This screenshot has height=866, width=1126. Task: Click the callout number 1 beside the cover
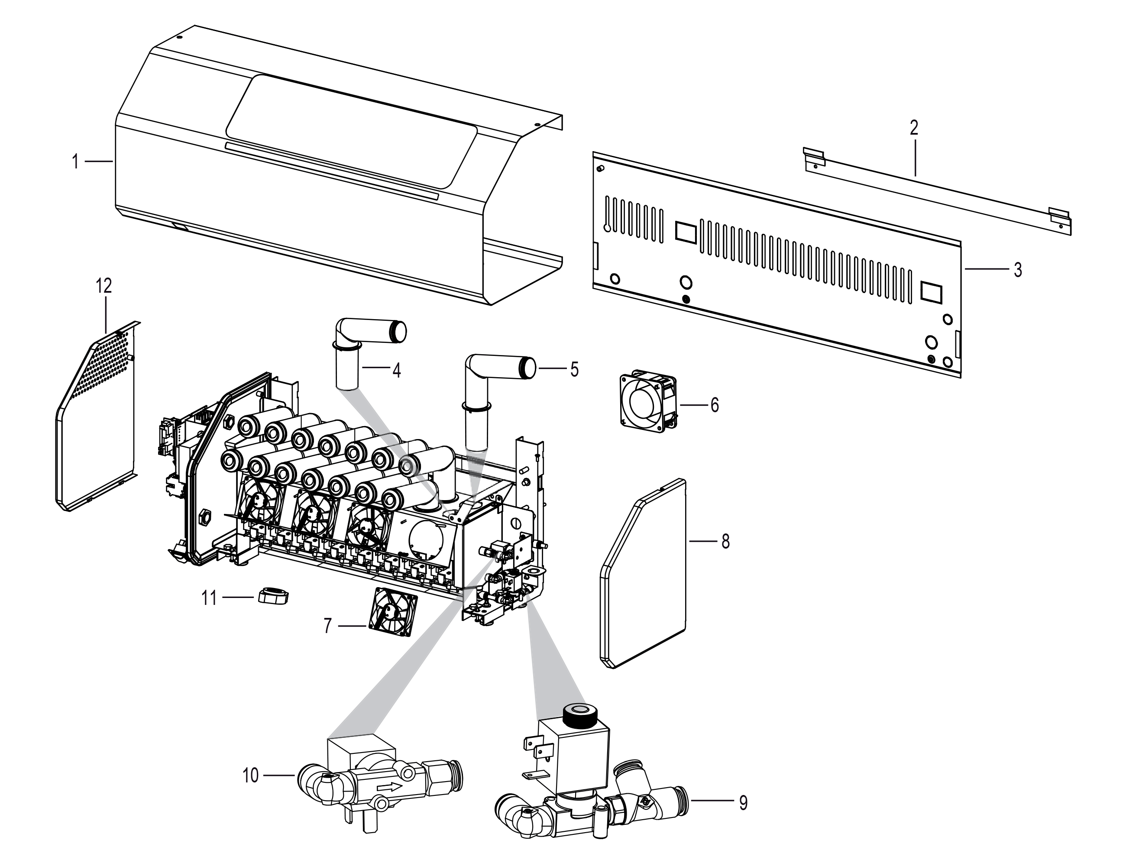[x=75, y=162]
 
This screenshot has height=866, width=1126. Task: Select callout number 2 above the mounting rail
[x=914, y=128]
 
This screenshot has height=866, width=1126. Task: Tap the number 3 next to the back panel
[x=1017, y=270]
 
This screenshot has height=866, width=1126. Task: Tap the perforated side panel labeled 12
[x=98, y=417]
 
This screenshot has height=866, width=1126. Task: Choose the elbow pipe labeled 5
[x=490, y=381]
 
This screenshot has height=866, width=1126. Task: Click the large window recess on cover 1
[x=351, y=132]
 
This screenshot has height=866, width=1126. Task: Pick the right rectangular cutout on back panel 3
[x=932, y=292]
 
